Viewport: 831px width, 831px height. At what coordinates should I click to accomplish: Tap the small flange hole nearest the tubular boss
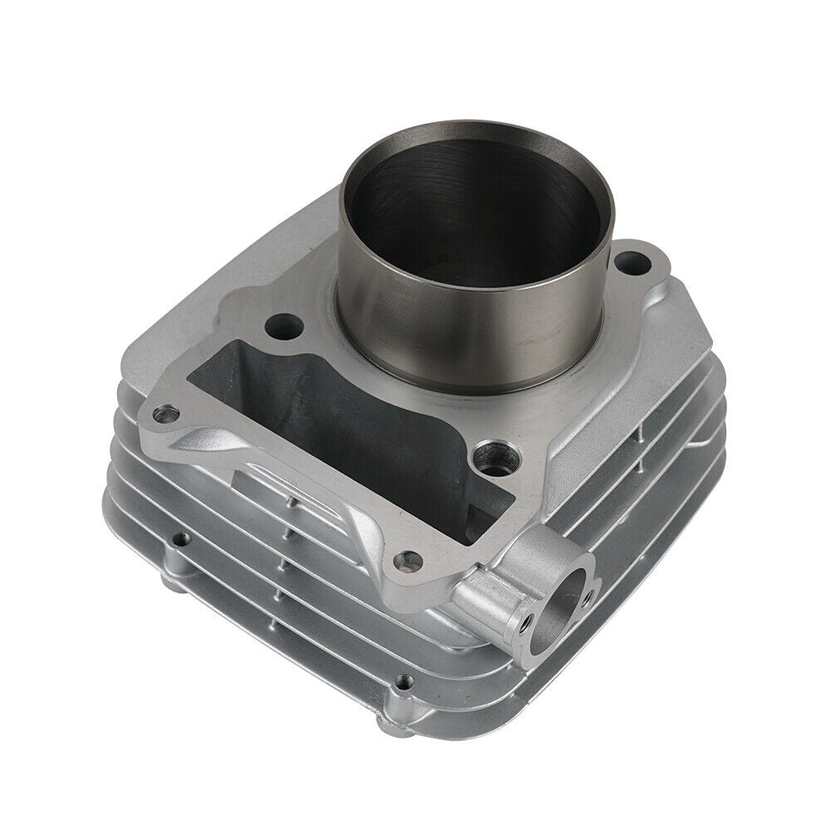404,563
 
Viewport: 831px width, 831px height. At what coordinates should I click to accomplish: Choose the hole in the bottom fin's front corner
404,681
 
